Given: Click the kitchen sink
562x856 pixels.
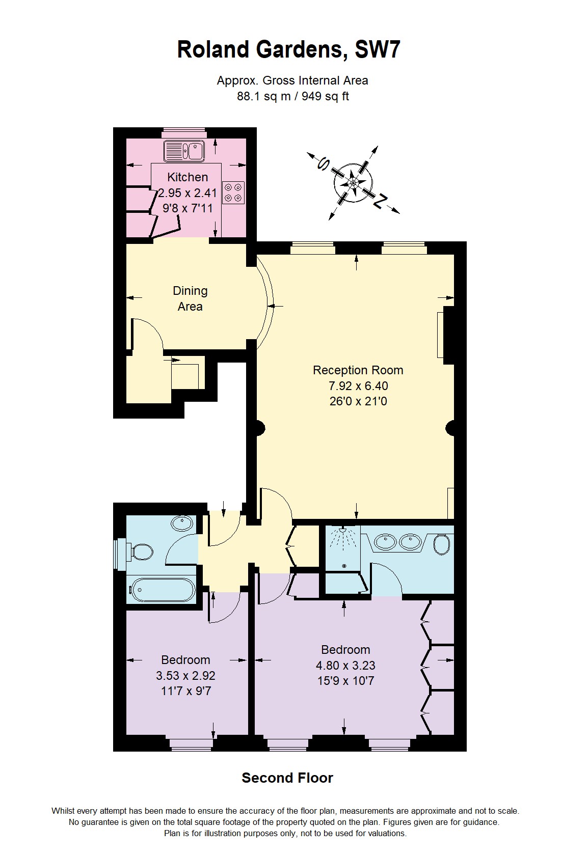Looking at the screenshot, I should [x=183, y=151].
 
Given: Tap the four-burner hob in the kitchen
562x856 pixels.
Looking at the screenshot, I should [x=233, y=192].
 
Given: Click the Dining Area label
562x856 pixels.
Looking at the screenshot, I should [x=190, y=298].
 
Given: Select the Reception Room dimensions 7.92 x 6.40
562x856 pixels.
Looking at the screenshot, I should [x=358, y=386].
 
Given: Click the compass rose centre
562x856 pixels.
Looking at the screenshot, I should [x=353, y=182].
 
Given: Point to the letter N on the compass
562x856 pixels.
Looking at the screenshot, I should [x=380, y=202].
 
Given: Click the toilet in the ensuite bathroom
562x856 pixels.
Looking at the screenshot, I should [x=442, y=544].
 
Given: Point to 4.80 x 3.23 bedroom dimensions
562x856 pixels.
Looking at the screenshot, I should [x=345, y=665].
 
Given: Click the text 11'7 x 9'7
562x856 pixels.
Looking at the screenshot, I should [x=186, y=691].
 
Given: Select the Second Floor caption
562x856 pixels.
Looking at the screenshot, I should [x=287, y=778].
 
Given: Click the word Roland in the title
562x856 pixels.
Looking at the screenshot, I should [x=213, y=50].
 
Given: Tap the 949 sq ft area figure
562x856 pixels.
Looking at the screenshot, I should [x=325, y=96].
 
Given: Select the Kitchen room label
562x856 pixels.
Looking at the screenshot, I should [x=188, y=177].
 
